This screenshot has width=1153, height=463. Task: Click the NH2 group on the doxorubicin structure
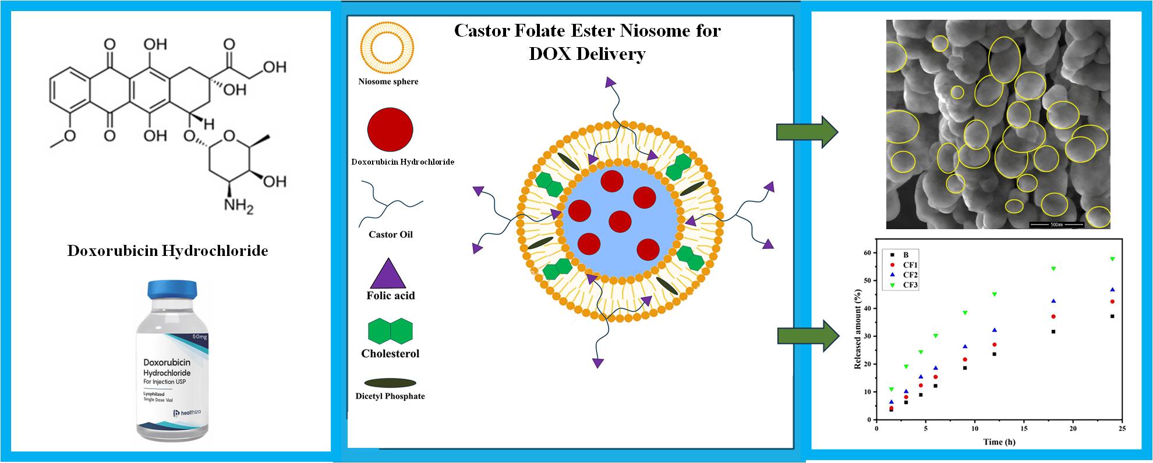pyautogui.click(x=239, y=205)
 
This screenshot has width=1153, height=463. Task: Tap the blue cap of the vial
pyautogui.click(x=172, y=289)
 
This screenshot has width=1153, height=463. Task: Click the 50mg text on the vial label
pyautogui.click(x=199, y=337)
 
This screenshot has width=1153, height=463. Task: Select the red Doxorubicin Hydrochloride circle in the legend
pyautogui.click(x=390, y=130)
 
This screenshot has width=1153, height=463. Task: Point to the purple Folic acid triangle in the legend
pyautogui.click(x=388, y=273)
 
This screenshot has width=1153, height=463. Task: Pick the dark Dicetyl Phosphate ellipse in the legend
pyautogui.click(x=390, y=383)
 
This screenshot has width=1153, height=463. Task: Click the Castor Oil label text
pyautogui.click(x=390, y=234)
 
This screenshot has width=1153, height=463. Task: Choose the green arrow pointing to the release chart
pyautogui.click(x=808, y=336)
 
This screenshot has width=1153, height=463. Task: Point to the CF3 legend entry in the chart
pyautogui.click(x=910, y=285)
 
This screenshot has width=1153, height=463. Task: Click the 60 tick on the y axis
pyautogui.click(x=867, y=253)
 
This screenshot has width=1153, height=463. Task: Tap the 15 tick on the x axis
pyautogui.click(x=975, y=429)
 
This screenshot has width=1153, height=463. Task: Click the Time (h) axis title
pyautogui.click(x=999, y=441)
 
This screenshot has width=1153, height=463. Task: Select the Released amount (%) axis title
pyautogui.click(x=858, y=329)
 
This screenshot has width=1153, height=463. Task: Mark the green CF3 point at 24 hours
pyautogui.click(x=1112, y=259)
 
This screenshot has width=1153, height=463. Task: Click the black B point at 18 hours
pyautogui.click(x=1053, y=332)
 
